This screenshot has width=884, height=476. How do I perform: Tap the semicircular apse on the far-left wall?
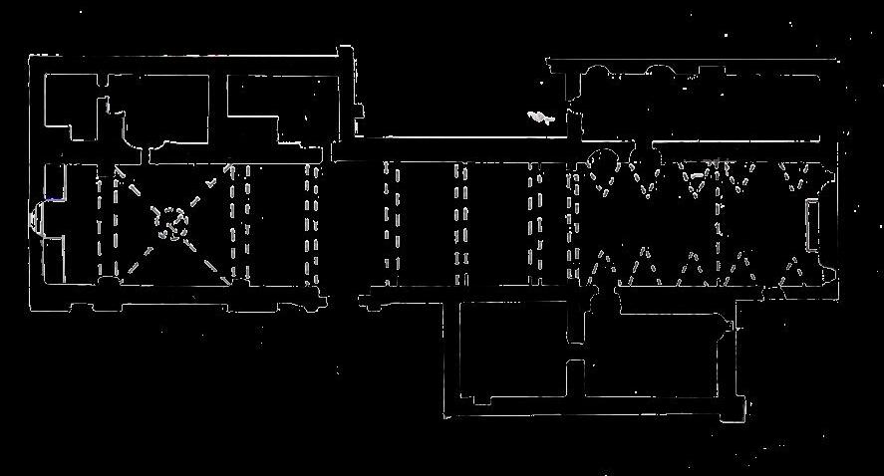click(37, 216)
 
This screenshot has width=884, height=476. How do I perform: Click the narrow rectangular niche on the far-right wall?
click(811, 224)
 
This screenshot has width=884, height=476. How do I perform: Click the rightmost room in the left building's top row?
click(274, 108)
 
